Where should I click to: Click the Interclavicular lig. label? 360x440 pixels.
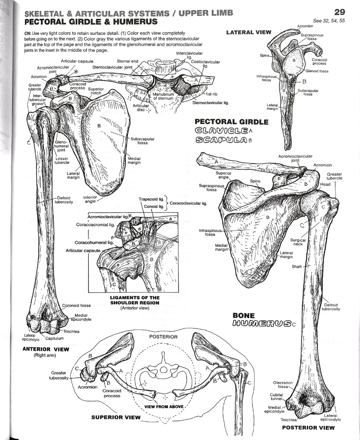click(x=185, y=55)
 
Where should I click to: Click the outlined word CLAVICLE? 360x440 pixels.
click(x=221, y=130)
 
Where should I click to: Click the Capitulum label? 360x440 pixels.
click(x=55, y=338)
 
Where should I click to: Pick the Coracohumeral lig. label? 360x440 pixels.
click(x=94, y=242)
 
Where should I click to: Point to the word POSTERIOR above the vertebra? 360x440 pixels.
click(x=163, y=337)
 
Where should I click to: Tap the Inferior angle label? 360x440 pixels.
click(x=90, y=200)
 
